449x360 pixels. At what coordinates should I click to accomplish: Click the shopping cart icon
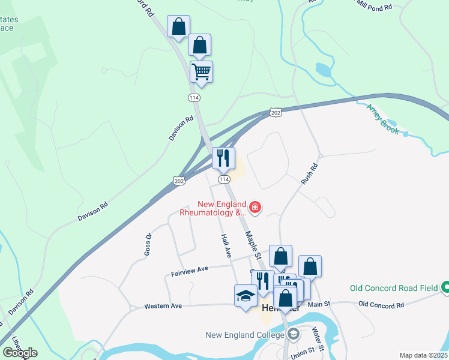pos(202,72)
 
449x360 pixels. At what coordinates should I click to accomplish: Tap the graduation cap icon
pos(245,296)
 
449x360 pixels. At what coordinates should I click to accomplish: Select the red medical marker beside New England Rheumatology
pos(256,208)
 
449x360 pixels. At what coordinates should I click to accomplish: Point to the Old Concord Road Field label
pos(394,288)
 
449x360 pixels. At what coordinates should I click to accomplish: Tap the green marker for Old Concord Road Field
pos(445,288)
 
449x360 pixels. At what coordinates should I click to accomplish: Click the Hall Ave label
pos(226,246)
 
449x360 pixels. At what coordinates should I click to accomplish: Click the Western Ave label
pos(163,306)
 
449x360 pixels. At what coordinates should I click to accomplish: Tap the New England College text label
pos(244,335)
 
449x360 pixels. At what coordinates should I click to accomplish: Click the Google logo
pos(20,353)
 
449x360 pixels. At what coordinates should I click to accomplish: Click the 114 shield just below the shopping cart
pos(194,97)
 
